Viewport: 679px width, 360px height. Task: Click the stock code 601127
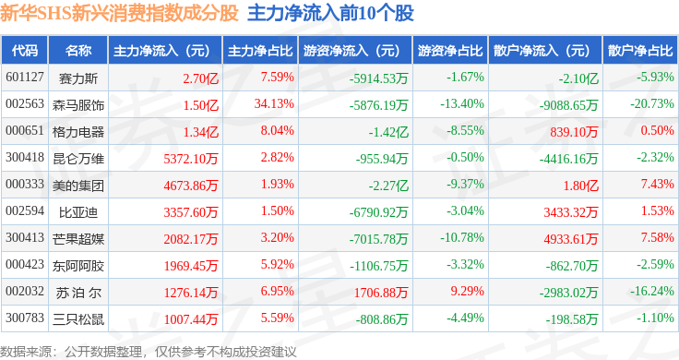tap(25, 78)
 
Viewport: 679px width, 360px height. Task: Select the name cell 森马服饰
tap(78, 105)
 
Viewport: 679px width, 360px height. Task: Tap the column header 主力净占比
tap(260, 51)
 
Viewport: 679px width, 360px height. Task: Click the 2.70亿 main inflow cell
tap(200, 78)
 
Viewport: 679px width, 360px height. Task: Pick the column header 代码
tap(25, 51)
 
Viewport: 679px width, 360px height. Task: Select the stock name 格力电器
tap(78, 132)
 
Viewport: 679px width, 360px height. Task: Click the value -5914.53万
tap(378, 78)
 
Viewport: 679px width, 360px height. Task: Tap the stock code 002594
tap(25, 211)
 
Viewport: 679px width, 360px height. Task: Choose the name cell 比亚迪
tap(78, 212)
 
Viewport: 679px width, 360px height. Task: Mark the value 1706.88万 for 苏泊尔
tap(381, 293)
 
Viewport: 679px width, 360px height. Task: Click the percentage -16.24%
tap(651, 291)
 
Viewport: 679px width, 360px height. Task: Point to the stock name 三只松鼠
tap(78, 319)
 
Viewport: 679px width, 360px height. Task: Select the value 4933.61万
tap(571, 239)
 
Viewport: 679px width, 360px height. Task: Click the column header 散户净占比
tap(640, 51)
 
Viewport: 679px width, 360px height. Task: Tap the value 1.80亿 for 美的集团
tap(580, 186)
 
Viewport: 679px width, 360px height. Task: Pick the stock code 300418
tap(25, 157)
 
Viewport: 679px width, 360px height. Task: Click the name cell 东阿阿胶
tap(78, 266)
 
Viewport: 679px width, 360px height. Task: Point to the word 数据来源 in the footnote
tap(26, 352)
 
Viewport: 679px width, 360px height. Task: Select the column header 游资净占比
tap(450, 51)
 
